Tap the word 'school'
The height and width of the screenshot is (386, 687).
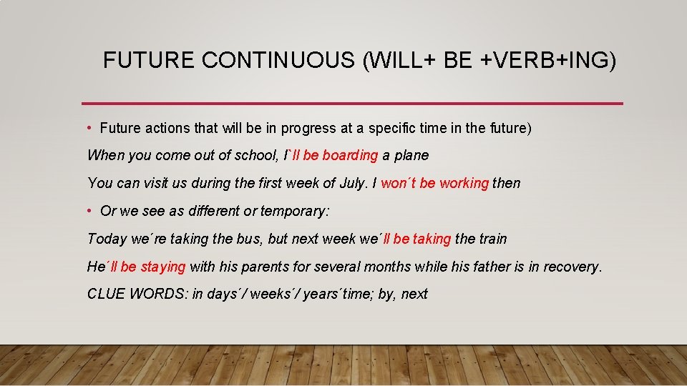click(x=255, y=156)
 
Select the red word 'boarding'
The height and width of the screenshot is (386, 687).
click(x=350, y=156)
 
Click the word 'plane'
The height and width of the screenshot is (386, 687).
click(x=411, y=156)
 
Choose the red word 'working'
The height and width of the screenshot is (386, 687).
click(x=464, y=183)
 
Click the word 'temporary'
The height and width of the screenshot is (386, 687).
click(x=294, y=211)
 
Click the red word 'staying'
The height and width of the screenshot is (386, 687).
click(x=162, y=267)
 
